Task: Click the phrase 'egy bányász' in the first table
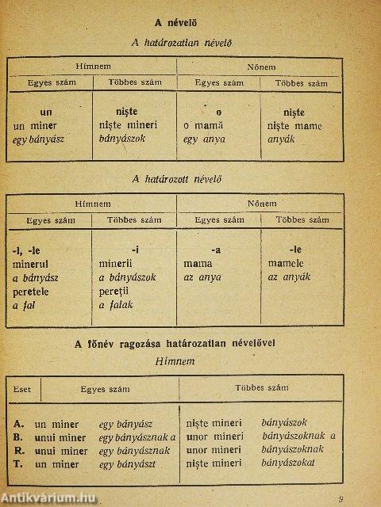coord(38,139)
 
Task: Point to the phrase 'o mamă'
coord(203,126)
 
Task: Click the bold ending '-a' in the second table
coord(217,250)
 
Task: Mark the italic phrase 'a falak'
coord(116,304)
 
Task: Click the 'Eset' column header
coord(24,389)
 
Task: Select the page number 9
coord(341,498)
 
